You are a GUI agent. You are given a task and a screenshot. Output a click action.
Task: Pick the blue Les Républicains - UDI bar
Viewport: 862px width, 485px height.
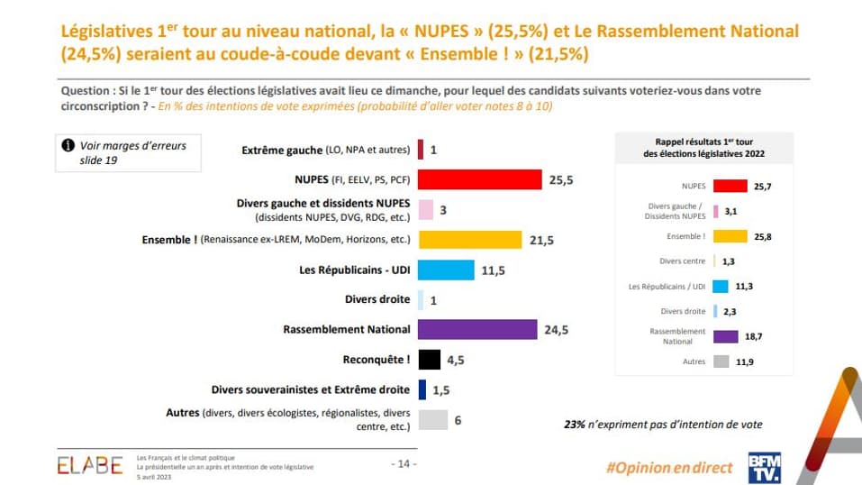tap(446, 270)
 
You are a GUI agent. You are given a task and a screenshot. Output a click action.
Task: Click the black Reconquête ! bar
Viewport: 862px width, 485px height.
tap(429, 359)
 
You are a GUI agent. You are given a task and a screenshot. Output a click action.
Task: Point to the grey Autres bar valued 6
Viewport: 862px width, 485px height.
tap(433, 419)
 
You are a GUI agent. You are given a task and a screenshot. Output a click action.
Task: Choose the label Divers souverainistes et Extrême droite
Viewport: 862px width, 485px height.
tap(311, 389)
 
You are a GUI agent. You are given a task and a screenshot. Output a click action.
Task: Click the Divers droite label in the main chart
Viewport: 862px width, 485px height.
tap(377, 299)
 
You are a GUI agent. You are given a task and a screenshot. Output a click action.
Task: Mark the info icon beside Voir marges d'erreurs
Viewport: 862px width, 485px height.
tap(68, 145)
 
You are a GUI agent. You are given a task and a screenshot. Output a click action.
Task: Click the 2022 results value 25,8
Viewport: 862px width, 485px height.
tap(764, 236)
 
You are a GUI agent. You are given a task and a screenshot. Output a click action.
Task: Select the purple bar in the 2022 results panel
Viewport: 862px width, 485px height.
tap(730, 336)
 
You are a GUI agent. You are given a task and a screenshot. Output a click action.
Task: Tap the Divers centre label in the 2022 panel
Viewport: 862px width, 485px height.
tap(682, 261)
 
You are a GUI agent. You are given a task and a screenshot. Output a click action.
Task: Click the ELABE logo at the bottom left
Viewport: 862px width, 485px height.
tap(90, 464)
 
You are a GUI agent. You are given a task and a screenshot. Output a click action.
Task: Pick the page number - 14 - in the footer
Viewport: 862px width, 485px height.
tap(402, 463)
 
